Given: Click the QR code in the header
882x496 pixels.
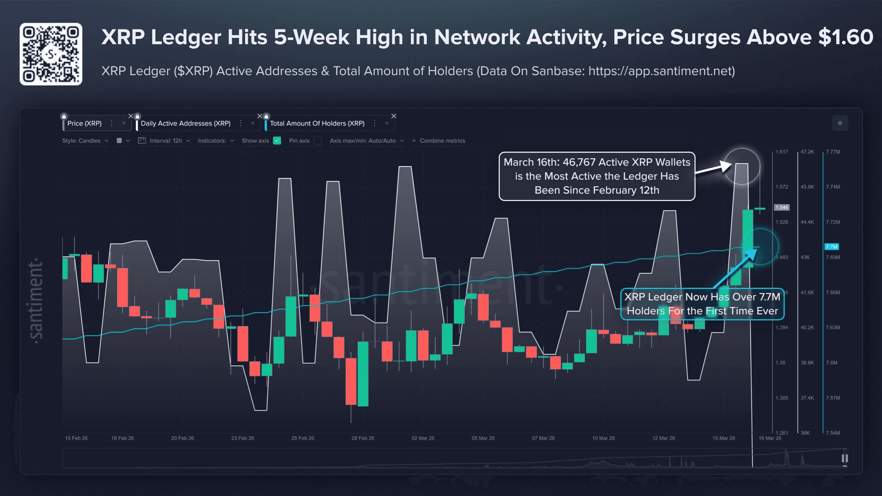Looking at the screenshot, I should (51, 54).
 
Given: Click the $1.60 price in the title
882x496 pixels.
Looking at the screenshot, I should (845, 37).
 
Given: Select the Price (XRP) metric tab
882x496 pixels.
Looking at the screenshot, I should (84, 123).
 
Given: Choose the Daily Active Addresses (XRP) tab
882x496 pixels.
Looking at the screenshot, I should (186, 123).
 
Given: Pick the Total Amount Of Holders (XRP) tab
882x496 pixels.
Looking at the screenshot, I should (317, 123).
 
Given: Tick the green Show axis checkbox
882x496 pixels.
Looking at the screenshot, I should (277, 141).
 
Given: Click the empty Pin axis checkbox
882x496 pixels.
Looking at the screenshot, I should (318, 141).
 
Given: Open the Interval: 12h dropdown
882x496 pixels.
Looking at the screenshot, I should (166, 141).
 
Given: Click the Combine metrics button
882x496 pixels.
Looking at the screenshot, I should (438, 141).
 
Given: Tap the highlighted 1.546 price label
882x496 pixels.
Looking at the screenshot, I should (782, 207).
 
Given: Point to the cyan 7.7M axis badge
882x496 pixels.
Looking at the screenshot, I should (831, 246).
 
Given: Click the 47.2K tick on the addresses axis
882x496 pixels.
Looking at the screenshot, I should (807, 152).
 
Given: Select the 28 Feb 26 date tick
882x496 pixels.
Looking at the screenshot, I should (363, 438).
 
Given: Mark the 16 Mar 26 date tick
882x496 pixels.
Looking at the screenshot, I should (770, 438).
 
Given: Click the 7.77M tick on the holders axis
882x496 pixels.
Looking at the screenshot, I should (833, 152).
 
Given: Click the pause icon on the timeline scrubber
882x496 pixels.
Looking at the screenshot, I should (845, 458).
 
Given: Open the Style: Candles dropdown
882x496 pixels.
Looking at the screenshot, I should (85, 141).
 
